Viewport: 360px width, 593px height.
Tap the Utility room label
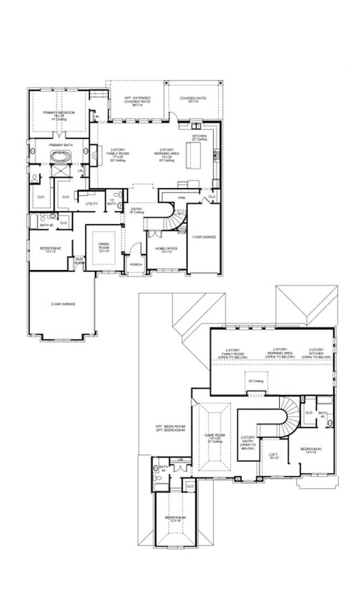pos(91,204)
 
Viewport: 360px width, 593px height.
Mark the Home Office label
pos(166,250)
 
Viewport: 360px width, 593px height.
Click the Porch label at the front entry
pos(136,264)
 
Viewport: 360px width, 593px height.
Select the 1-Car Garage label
pos(204,236)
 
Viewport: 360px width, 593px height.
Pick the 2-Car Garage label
pos(63,303)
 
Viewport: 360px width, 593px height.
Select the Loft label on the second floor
pos(273,456)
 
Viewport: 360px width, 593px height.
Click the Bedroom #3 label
pos(310,450)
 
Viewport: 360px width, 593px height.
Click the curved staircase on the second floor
pos(288,415)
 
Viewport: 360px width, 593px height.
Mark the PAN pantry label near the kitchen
pos(181,198)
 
